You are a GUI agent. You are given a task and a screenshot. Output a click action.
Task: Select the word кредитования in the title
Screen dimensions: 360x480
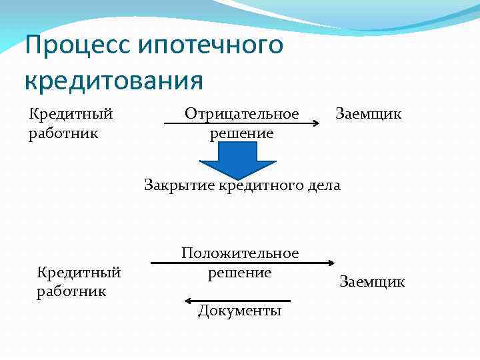[113, 81]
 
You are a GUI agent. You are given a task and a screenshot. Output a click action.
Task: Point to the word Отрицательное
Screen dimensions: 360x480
[242, 113]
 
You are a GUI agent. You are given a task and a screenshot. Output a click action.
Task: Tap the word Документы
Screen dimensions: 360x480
[239, 311]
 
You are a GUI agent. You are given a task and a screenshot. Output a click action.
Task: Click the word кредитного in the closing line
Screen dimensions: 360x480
[262, 185]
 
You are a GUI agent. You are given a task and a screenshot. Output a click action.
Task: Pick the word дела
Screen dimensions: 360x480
[325, 185]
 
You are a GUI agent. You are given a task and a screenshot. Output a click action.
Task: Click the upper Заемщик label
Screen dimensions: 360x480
[368, 113]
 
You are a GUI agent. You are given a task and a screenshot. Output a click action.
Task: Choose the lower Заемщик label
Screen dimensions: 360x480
[372, 282]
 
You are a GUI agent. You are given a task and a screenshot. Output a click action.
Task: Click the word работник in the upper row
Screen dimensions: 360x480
[63, 133]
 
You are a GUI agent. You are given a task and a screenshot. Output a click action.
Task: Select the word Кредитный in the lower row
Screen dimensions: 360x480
[79, 272]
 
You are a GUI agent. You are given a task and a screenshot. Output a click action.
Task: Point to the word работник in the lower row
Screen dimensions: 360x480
[71, 291]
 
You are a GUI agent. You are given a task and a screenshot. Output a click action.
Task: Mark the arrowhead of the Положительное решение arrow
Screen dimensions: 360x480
[327, 263]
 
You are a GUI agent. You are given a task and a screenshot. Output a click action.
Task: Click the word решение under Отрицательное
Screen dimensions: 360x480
[242, 133]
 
